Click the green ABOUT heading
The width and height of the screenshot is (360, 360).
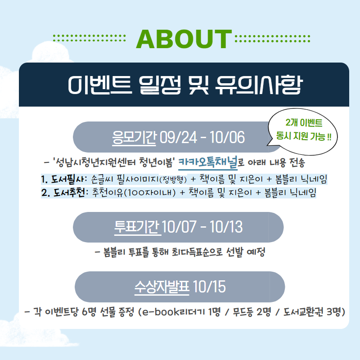tap(184, 39)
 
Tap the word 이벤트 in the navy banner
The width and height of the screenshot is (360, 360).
tap(100, 85)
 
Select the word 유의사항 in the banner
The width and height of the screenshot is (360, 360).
tap(259, 85)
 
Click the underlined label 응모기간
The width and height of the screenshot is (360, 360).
tap(134, 138)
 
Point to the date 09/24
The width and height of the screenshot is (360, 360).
tap(178, 138)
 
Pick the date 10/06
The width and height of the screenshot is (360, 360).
tap(227, 138)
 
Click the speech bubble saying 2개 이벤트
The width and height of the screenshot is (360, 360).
tap(302, 131)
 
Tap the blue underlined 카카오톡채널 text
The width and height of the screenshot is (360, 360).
tap(208, 162)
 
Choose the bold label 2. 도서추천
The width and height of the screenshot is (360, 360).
tap(63, 193)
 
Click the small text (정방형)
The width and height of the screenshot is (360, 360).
tap(173, 180)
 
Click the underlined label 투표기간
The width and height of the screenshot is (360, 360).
tap(138, 227)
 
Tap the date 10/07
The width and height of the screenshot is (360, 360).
tap(179, 227)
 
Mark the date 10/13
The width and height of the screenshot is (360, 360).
tap(226, 227)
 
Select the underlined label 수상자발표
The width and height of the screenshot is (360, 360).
tap(162, 287)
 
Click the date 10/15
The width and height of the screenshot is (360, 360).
tap(209, 287)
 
